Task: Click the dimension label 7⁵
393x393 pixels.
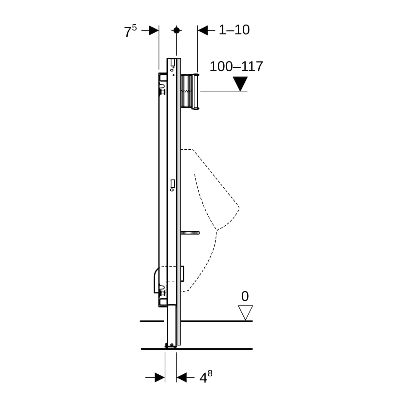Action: point(131,31)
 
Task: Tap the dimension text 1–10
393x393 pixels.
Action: point(234,30)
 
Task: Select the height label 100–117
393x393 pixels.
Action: point(236,66)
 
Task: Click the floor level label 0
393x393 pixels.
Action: point(245,296)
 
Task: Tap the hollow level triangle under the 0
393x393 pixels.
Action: point(245,313)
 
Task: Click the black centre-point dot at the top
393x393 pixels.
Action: point(177,30)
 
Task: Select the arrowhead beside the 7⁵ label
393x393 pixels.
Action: point(154,30)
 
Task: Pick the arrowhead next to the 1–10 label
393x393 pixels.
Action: point(203,30)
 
